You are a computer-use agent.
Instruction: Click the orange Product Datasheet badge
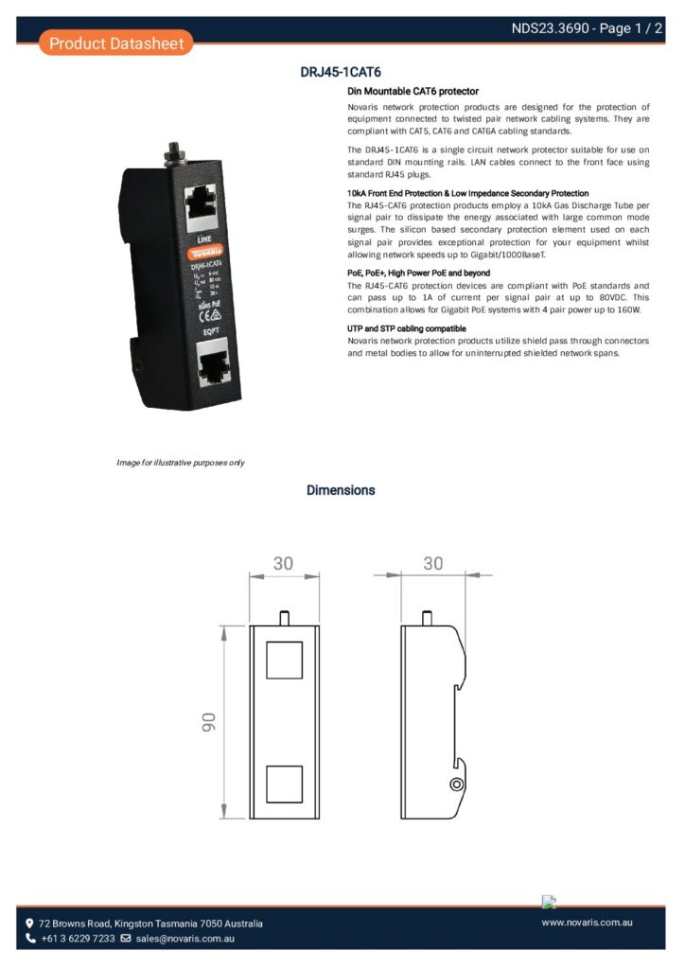(116, 43)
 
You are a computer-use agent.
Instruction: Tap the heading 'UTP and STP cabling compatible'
(407, 328)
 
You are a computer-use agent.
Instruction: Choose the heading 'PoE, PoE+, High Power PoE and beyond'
(418, 273)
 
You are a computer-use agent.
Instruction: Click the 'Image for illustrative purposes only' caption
(180, 463)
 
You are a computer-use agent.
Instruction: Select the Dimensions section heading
(341, 490)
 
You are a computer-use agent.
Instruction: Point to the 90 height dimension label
(208, 721)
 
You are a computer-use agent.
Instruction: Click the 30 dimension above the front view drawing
(283, 564)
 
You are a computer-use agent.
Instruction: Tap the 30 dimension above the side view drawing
(432, 564)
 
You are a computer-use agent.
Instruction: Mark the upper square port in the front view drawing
(284, 661)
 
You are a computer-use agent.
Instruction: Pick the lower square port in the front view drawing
(284, 784)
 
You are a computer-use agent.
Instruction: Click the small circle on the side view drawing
(456, 784)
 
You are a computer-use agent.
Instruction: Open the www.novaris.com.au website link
(587, 922)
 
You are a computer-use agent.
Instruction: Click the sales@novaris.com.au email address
(184, 939)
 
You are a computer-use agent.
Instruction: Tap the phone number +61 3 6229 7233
(78, 939)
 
